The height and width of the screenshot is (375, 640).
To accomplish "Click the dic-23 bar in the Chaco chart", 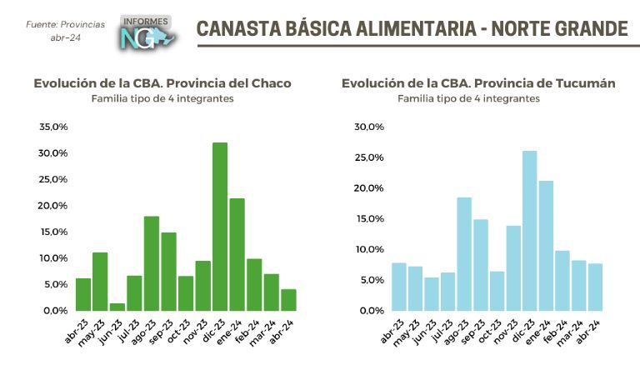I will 220,227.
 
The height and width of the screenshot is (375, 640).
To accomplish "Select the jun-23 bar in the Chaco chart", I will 117,307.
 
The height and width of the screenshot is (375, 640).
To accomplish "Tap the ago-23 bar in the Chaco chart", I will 152,263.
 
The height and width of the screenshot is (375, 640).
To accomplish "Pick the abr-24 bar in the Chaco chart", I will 288,300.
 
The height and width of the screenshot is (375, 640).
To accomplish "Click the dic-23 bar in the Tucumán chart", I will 529,231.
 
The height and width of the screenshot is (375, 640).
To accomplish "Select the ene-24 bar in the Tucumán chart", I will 546,246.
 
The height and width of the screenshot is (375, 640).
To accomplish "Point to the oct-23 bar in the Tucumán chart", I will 497,291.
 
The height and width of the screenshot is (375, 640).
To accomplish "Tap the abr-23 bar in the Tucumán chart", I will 399,287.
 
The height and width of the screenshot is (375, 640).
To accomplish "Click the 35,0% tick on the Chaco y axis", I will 52,127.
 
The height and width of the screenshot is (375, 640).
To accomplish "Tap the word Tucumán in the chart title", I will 586,83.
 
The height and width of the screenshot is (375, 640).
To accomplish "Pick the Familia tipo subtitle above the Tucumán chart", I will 468,98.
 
